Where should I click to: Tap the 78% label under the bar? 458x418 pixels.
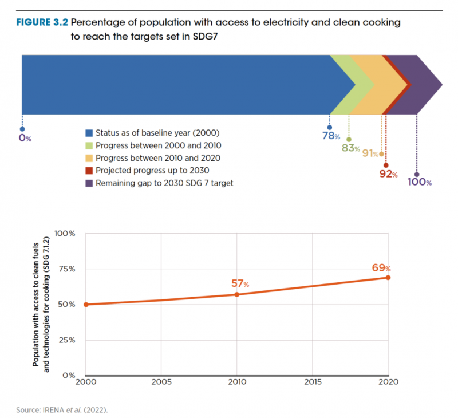[330, 137]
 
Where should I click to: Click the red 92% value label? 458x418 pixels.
[388, 174]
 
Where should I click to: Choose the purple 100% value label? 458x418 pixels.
[420, 182]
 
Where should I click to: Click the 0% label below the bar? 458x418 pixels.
[24, 138]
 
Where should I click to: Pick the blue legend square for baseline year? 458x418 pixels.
[88, 133]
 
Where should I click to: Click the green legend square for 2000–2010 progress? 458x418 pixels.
[88, 145]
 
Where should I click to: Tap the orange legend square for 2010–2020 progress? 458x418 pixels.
[88, 158]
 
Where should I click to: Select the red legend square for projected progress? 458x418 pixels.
[88, 171]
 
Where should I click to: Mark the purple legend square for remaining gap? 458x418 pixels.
[88, 183]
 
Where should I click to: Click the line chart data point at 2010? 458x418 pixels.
[236, 294]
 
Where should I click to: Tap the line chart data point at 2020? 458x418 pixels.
[388, 278]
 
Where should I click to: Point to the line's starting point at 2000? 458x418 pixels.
[86, 305]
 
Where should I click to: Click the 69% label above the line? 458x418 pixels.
[381, 267]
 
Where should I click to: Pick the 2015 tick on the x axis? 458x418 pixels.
[313, 381]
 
